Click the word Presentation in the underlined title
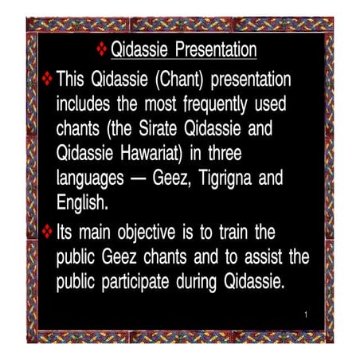(210, 52)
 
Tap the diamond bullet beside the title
(101, 51)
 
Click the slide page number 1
(305, 317)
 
